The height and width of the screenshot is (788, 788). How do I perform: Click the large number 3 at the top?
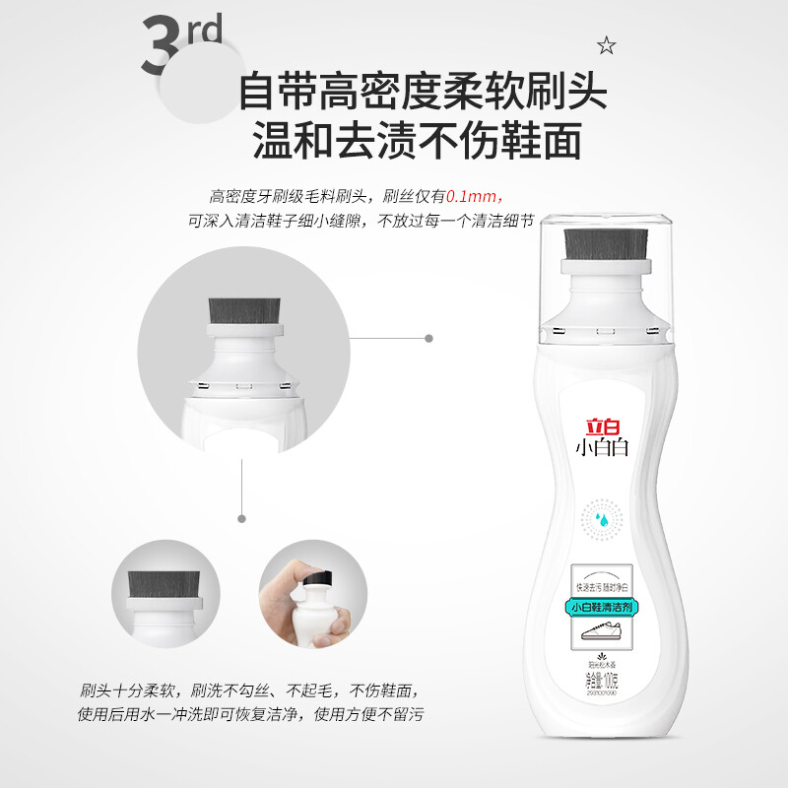162,48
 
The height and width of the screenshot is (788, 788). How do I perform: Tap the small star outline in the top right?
606,44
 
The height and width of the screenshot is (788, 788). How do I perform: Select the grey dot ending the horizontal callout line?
428,338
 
